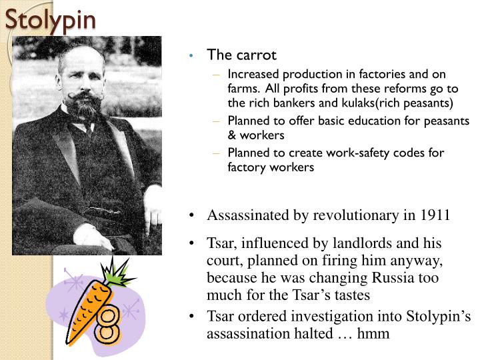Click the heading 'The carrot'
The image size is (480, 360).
pos(241,55)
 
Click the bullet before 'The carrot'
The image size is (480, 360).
pos(191,55)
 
